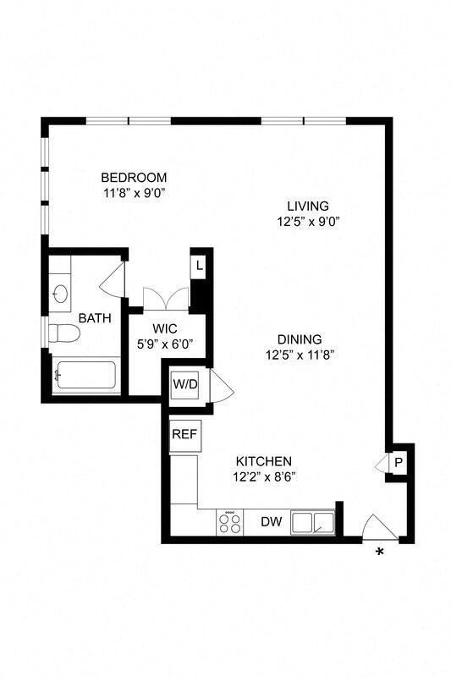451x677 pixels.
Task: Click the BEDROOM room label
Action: tap(134, 178)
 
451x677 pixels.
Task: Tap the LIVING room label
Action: tap(307, 206)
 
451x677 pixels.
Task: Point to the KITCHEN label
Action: tap(264, 461)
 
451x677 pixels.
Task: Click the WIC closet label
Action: tap(164, 328)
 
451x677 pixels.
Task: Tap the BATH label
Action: tap(95, 318)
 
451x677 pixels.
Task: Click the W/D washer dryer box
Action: tap(184, 384)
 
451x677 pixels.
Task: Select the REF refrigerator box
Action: tap(184, 434)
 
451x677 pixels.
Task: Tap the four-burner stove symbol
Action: tap(228, 522)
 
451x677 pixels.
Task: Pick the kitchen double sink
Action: tap(313, 523)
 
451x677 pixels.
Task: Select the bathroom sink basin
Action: tap(60, 294)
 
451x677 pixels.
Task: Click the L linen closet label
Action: tap(199, 266)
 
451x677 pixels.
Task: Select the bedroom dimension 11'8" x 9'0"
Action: tap(134, 193)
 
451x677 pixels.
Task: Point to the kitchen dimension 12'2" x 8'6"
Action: tap(264, 476)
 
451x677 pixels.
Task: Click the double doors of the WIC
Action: tap(166, 298)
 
